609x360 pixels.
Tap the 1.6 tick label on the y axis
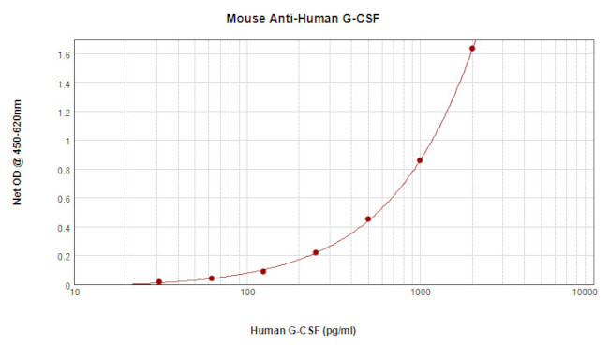(x=63, y=54)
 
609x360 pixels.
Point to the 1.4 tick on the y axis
(x=63, y=83)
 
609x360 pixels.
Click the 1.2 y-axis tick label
(x=63, y=112)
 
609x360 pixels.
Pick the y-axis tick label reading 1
(x=67, y=142)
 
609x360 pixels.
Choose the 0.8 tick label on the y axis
(x=63, y=170)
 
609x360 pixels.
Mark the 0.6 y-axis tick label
(x=63, y=199)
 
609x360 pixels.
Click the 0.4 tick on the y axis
(x=63, y=228)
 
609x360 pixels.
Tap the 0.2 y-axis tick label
(x=63, y=257)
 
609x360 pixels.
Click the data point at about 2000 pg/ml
(x=472, y=49)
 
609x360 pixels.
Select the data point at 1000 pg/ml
(x=420, y=160)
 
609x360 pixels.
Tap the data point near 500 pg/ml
(x=368, y=219)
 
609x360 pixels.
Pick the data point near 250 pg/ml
(x=316, y=252)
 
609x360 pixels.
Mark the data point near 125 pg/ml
(x=263, y=271)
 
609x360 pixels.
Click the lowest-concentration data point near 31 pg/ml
(x=159, y=281)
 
